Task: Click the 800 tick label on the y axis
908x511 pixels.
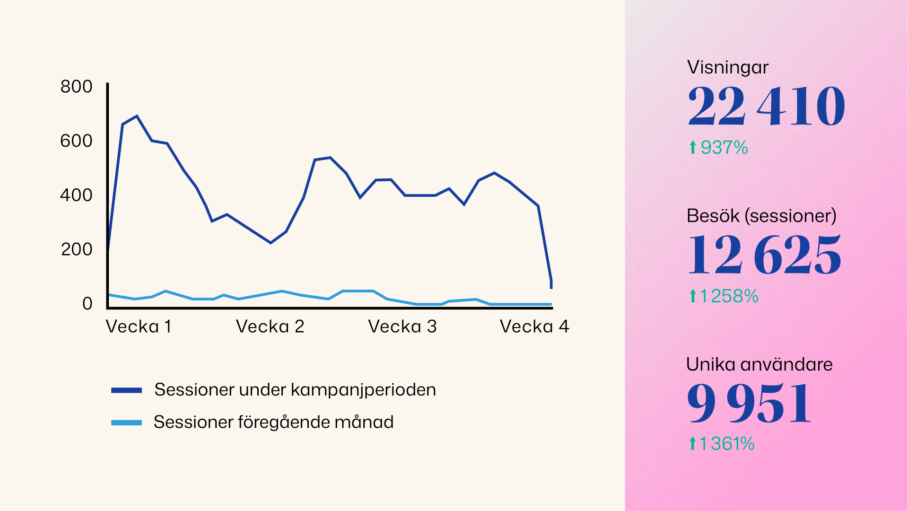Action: pos(76,87)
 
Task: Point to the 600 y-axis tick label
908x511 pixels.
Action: pos(76,141)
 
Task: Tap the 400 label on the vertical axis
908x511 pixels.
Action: pos(76,195)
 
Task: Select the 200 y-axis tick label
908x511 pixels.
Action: pos(76,249)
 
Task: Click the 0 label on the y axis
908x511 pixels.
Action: pos(87,303)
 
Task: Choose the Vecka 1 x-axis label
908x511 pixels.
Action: pos(138,326)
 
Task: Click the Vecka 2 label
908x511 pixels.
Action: pos(270,326)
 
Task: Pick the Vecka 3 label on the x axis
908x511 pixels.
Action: pos(402,326)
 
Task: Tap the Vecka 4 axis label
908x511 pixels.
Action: pos(534,326)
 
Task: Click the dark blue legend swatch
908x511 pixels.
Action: pos(126,390)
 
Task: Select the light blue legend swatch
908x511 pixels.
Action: pos(126,423)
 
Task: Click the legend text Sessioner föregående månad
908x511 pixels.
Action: pos(273,422)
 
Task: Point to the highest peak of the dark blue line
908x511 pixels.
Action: pos(137,116)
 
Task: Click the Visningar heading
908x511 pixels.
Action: pos(727,67)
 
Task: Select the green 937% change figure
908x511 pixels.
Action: pos(724,148)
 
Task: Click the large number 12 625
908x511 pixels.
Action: pos(764,255)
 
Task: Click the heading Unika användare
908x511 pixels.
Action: pos(759,364)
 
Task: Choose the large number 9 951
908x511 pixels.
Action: pos(749,403)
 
